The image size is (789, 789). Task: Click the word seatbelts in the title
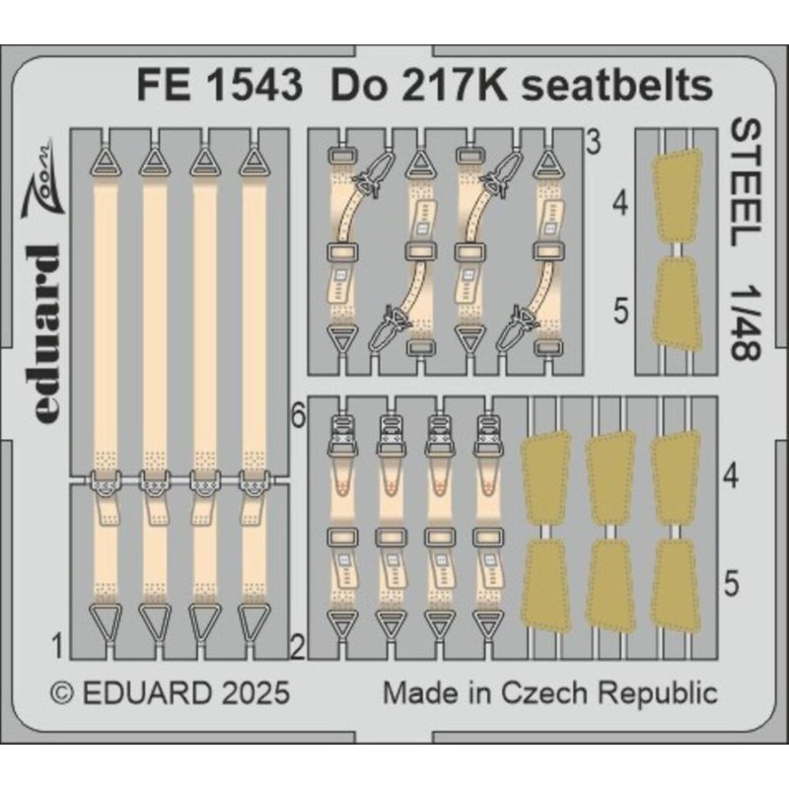(617, 87)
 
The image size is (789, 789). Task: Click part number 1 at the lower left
(58, 647)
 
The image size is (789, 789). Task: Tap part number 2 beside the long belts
(297, 647)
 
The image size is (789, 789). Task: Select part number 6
(297, 417)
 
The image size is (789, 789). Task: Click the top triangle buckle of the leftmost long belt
(106, 160)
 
